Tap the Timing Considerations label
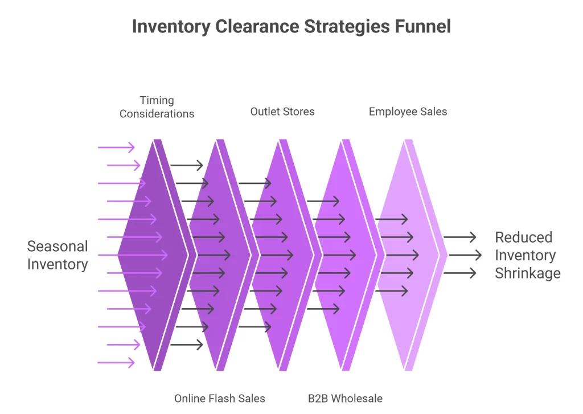[x=157, y=107]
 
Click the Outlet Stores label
[x=282, y=112]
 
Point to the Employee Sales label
[x=408, y=112]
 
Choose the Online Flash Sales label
[x=220, y=398]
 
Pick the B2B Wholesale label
[x=345, y=398]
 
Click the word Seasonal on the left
[x=58, y=247]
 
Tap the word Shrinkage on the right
[x=528, y=273]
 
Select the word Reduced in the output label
[x=524, y=237]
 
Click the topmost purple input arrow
[x=116, y=147]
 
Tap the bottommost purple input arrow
[x=116, y=363]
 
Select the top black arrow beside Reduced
[x=459, y=237]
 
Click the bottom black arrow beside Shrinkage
[x=459, y=273]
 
